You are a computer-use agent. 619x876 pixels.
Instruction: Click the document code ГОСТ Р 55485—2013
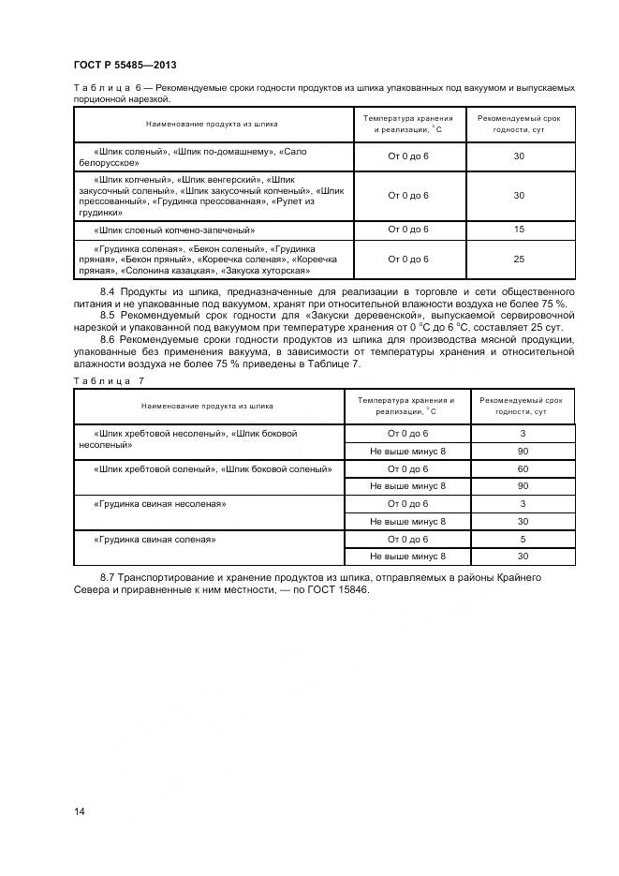coord(125,65)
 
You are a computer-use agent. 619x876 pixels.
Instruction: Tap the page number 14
coord(79,811)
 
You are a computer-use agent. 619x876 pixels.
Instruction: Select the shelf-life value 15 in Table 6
coord(519,230)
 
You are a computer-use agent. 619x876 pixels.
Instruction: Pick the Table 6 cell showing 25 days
coord(519,260)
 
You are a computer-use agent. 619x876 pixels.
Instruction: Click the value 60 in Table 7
coord(523,468)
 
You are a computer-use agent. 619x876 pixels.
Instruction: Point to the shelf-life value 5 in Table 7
coord(523,540)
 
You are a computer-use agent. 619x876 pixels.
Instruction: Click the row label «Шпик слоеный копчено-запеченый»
coord(175,230)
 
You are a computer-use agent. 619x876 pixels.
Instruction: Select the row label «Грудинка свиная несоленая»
coord(160,504)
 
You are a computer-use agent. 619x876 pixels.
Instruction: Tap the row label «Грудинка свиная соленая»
coord(155,540)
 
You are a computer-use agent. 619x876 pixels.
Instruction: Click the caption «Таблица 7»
coord(109,380)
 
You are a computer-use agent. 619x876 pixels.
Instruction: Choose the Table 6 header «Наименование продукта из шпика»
coord(212,124)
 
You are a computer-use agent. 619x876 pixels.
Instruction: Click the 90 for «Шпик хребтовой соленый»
coord(523,486)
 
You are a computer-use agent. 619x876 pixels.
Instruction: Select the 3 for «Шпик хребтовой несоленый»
coord(523,434)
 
